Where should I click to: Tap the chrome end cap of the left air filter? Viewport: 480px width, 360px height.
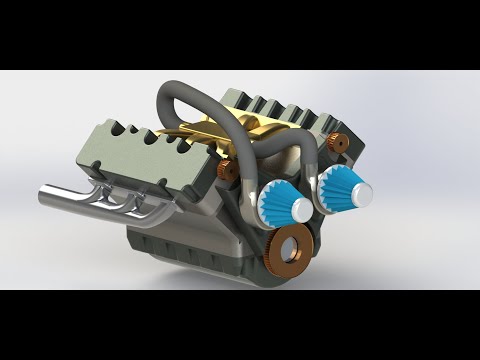point(300,209)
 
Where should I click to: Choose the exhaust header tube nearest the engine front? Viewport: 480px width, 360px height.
point(150,205)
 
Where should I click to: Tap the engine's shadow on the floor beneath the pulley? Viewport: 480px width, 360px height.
point(330,268)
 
